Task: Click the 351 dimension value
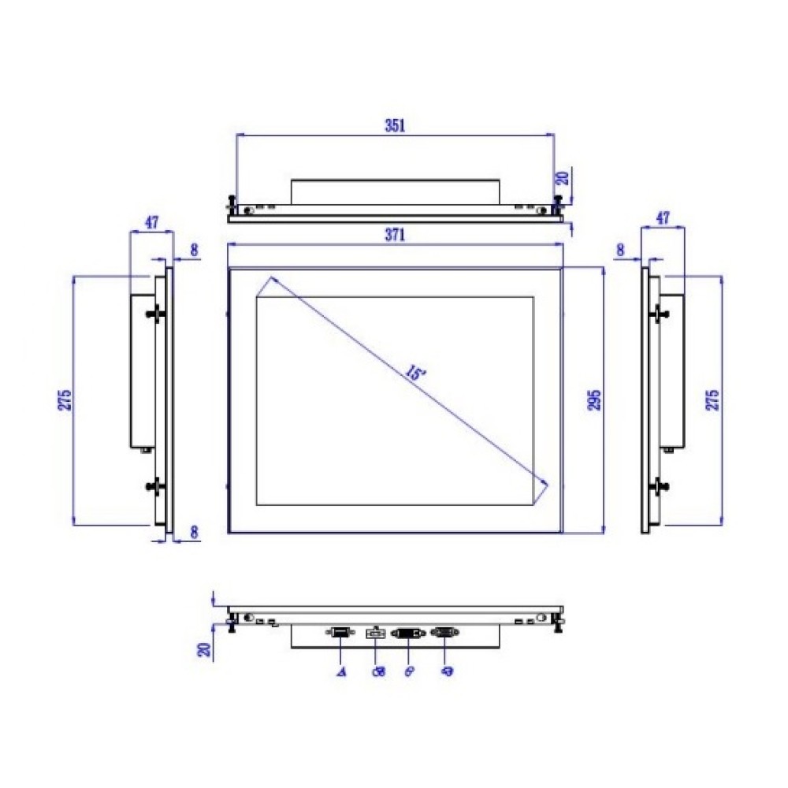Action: click(394, 125)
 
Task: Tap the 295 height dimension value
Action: click(596, 400)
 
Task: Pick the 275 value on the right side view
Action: click(713, 400)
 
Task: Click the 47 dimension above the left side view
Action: click(152, 222)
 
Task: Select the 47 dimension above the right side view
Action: click(663, 218)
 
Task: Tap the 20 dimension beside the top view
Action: click(562, 177)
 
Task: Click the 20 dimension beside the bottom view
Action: click(205, 649)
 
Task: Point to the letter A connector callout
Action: click(341, 671)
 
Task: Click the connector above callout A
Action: click(340, 632)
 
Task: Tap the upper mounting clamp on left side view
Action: click(156, 314)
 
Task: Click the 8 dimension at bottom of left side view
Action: click(194, 532)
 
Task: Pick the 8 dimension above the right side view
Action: click(621, 250)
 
